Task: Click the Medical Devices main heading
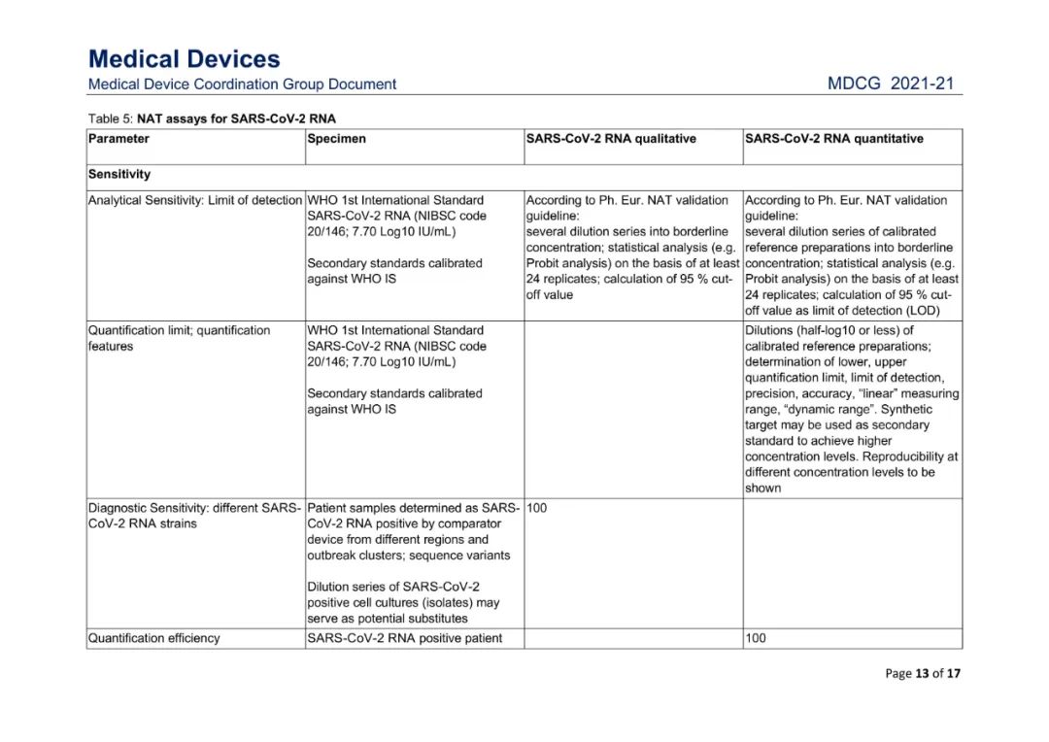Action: tap(184, 59)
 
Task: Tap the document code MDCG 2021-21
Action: tap(891, 84)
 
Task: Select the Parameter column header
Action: tap(118, 139)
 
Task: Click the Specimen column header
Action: tap(336, 139)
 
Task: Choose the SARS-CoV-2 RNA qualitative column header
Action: tap(611, 139)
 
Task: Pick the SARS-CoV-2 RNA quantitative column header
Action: tap(833, 139)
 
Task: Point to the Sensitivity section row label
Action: tap(119, 175)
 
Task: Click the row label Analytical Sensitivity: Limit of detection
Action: tap(195, 200)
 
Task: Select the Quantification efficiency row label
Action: tap(153, 638)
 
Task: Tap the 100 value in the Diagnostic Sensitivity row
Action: tap(537, 508)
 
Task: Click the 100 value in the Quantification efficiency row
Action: tap(756, 638)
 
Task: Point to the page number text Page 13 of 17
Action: tap(923, 674)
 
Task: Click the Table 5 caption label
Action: tap(212, 118)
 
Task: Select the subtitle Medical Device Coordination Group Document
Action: tap(242, 84)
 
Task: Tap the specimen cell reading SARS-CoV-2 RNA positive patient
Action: tap(404, 638)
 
